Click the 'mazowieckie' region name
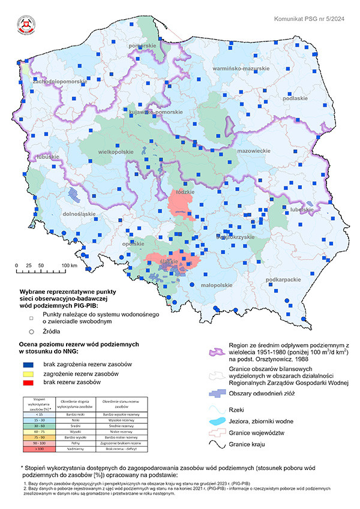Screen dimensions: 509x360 coord(252,151)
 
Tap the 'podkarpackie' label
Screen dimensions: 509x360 coord(283,279)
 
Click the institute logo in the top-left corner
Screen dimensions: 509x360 coord(25,25)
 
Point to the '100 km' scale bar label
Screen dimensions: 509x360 coord(70,264)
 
